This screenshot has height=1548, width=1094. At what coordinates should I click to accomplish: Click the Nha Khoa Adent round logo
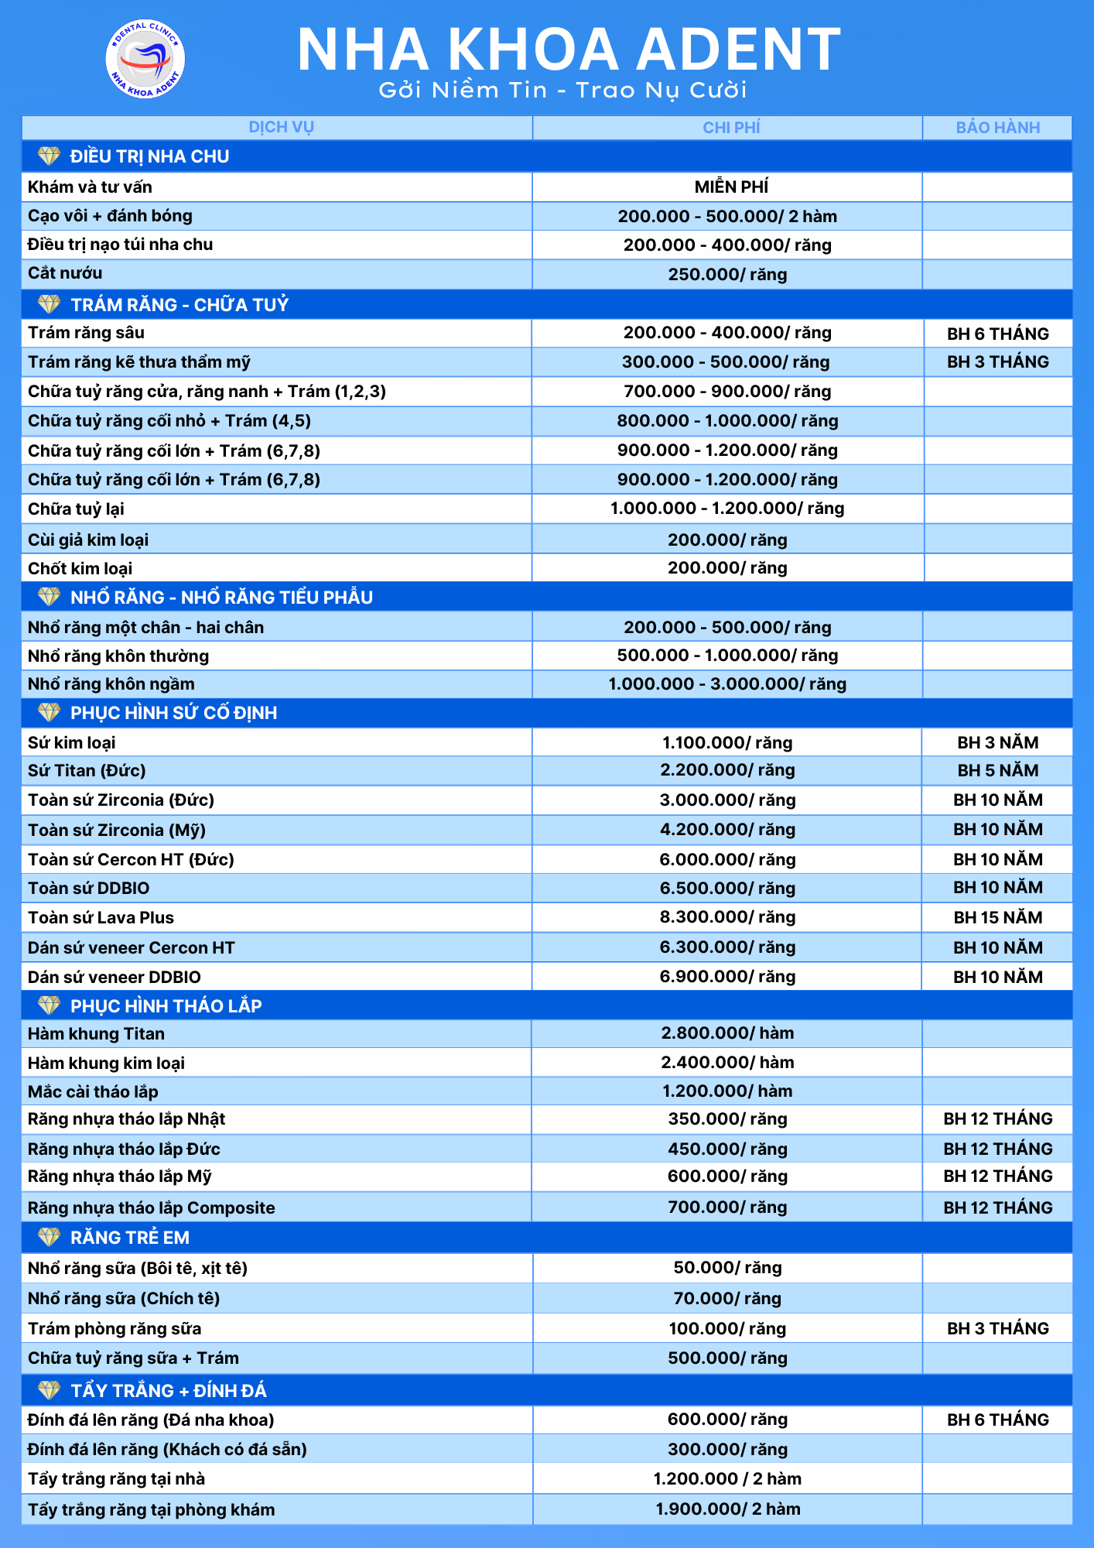(x=145, y=59)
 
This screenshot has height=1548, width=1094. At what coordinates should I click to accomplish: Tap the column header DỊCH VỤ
(x=281, y=128)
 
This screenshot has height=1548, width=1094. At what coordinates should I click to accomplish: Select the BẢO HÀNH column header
(x=997, y=128)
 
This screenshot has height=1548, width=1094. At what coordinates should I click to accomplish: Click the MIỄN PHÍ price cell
(x=730, y=187)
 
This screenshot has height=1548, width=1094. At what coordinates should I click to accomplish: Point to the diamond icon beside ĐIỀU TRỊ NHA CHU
(x=49, y=156)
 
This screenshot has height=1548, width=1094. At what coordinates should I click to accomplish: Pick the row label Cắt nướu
(x=65, y=273)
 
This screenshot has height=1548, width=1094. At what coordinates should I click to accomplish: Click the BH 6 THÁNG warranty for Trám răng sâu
(x=997, y=334)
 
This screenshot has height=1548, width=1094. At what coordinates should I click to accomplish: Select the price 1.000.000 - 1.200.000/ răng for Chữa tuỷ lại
(x=726, y=509)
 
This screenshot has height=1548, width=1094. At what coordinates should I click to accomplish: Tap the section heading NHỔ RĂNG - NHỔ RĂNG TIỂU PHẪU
(x=221, y=598)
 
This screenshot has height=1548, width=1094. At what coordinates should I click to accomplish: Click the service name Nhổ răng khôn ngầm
(x=111, y=684)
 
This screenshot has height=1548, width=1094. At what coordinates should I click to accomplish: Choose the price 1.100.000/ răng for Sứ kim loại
(x=726, y=743)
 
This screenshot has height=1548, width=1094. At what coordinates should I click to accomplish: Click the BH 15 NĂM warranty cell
(x=997, y=918)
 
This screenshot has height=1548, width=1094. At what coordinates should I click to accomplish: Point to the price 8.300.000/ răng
(x=726, y=917)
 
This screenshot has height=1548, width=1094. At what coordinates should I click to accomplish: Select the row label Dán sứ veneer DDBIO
(x=115, y=977)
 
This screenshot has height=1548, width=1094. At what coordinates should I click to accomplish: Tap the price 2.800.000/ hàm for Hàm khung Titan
(x=726, y=1033)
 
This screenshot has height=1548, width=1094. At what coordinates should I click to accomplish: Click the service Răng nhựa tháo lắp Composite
(x=152, y=1207)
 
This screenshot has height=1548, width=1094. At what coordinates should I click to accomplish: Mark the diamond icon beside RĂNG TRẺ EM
(x=49, y=1238)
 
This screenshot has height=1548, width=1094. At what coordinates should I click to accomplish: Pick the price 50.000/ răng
(x=726, y=1268)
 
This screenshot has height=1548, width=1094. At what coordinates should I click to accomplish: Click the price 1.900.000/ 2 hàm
(x=726, y=1509)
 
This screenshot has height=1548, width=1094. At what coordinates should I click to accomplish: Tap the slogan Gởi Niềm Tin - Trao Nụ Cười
(x=562, y=91)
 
